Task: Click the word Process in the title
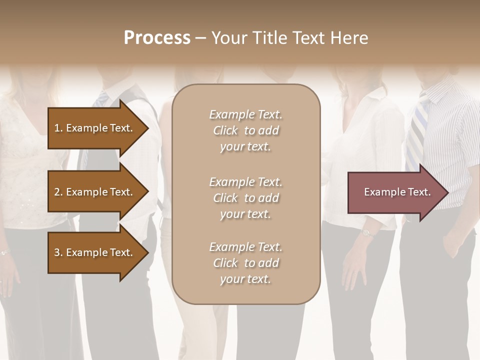coord(157,38)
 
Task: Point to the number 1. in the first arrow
coord(58,128)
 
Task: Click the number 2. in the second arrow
coord(58,192)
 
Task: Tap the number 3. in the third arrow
coord(58,252)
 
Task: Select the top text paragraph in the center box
coord(245,130)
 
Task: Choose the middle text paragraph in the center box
coord(245,198)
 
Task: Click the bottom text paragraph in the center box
coord(245,263)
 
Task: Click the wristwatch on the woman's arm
coord(367,232)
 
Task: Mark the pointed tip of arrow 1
coord(147,128)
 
